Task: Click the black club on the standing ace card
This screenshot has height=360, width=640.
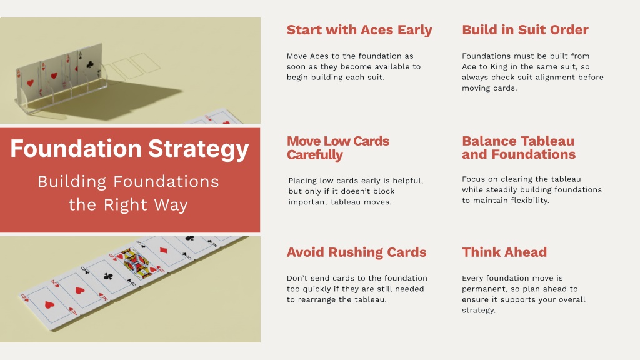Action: click(x=90, y=64)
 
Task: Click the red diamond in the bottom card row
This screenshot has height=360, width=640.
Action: click(x=163, y=250)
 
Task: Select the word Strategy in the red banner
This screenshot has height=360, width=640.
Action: click(x=198, y=149)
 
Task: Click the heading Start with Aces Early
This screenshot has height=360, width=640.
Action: click(x=359, y=30)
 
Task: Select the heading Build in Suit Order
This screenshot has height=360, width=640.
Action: click(x=525, y=30)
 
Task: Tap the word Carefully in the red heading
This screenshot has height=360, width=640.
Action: click(x=315, y=155)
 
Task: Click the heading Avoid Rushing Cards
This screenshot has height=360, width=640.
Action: click(x=356, y=252)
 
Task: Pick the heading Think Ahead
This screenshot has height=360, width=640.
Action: click(x=504, y=252)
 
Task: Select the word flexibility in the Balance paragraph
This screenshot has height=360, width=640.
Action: click(x=529, y=201)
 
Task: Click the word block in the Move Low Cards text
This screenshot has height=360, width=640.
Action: click(x=384, y=191)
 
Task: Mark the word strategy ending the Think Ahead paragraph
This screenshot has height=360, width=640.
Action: click(x=479, y=310)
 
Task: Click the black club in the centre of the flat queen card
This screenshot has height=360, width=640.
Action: click(x=108, y=276)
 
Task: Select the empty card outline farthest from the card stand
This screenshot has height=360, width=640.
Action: click(x=145, y=62)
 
